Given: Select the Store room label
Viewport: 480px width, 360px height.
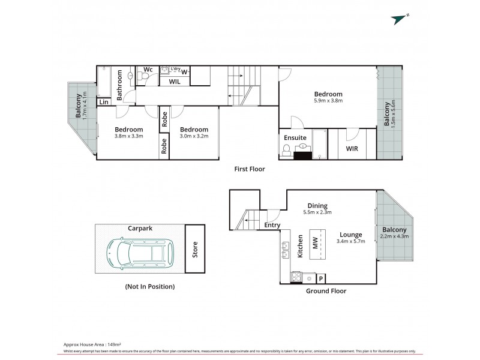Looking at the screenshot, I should click(x=194, y=250).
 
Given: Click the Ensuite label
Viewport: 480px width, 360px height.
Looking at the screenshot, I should click(x=295, y=137).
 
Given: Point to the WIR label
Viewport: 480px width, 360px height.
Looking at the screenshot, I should click(x=352, y=148).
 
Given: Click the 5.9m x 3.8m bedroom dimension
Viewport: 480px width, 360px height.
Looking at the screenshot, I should click(x=328, y=101).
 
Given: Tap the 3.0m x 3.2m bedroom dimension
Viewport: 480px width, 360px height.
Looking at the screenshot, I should click(x=194, y=137).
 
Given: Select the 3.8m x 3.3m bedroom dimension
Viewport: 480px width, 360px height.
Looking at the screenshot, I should click(x=129, y=137).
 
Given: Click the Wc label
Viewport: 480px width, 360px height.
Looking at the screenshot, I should click(x=148, y=70).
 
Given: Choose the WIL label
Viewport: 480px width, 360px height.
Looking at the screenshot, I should click(x=175, y=81).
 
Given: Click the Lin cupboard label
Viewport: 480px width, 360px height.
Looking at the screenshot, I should click(x=104, y=103).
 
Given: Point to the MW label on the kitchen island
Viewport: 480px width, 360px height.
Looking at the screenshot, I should click(x=315, y=244).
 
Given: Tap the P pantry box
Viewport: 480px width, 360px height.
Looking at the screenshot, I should click(x=321, y=278).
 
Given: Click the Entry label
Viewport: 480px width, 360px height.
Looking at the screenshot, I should click(x=272, y=225).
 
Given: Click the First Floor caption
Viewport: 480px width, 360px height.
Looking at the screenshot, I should click(x=249, y=169).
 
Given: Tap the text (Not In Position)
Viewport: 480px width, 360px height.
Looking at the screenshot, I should click(x=150, y=287).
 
